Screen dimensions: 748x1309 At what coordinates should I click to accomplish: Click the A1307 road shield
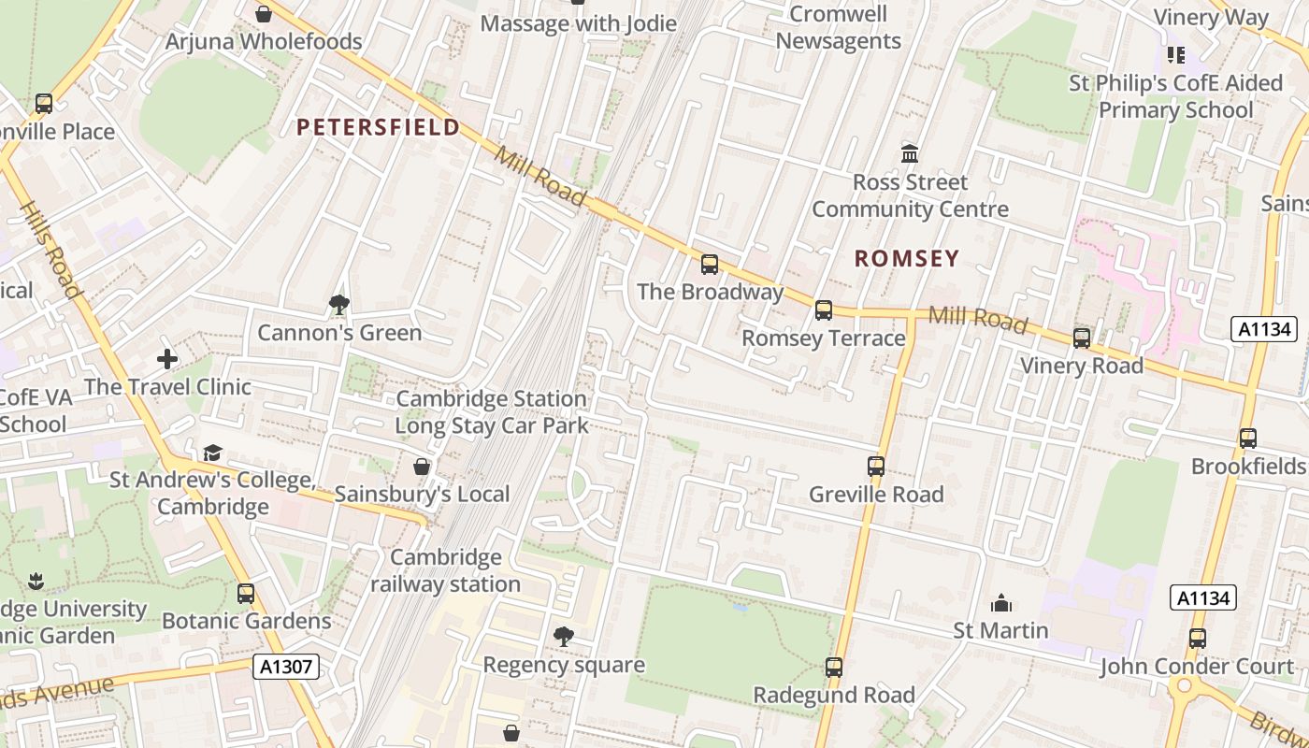pyautogui.click(x=286, y=667)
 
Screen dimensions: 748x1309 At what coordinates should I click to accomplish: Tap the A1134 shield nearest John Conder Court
pyautogui.click(x=1202, y=597)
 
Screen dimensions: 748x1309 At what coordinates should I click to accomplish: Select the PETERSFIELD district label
pyautogui.click(x=379, y=127)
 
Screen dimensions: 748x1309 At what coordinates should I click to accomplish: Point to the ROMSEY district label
pyautogui.click(x=907, y=259)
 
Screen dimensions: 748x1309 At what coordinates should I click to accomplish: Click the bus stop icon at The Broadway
pyautogui.click(x=710, y=265)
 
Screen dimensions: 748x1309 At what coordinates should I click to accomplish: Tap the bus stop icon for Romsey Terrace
pyautogui.click(x=824, y=310)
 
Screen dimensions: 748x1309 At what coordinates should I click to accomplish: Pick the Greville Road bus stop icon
pyautogui.click(x=876, y=466)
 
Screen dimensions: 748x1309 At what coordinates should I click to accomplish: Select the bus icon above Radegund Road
pyautogui.click(x=834, y=668)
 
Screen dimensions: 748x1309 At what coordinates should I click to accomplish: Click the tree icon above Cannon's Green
pyautogui.click(x=338, y=304)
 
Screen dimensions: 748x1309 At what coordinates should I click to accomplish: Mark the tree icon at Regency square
pyautogui.click(x=563, y=637)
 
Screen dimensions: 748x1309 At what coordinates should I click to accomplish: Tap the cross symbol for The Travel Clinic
pyautogui.click(x=167, y=359)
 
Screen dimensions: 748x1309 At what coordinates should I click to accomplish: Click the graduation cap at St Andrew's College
pyautogui.click(x=213, y=453)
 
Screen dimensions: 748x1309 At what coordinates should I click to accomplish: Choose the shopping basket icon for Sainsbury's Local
pyautogui.click(x=422, y=467)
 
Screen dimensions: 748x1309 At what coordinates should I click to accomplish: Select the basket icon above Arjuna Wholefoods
pyautogui.click(x=264, y=14)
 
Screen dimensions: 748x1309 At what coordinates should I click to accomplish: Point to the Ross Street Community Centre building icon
pyautogui.click(x=910, y=153)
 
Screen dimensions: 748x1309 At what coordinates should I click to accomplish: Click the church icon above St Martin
pyautogui.click(x=1000, y=603)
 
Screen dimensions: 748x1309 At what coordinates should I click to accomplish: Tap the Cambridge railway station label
pyautogui.click(x=446, y=570)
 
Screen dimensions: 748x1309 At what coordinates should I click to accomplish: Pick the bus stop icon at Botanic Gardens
pyautogui.click(x=246, y=594)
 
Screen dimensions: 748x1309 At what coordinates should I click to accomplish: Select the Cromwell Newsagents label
pyautogui.click(x=838, y=27)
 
